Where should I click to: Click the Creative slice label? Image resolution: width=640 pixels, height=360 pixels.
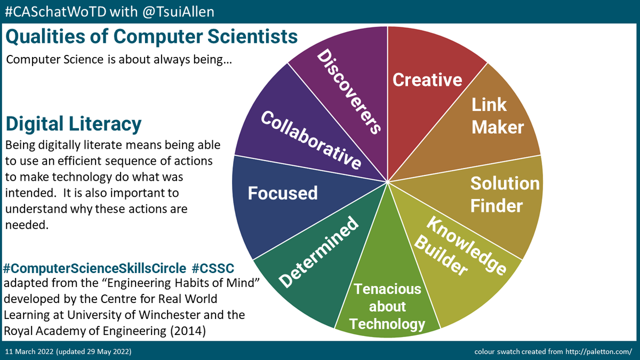[427, 79]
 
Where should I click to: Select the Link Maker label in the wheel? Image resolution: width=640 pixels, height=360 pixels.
[497, 116]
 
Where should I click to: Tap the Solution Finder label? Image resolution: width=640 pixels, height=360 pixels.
[504, 194]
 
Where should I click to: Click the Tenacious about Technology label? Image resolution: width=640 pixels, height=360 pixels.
[388, 307]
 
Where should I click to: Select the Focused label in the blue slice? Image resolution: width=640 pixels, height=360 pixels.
[283, 193]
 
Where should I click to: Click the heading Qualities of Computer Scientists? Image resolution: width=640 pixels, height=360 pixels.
[151, 37]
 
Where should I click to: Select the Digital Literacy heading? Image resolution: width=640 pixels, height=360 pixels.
[73, 124]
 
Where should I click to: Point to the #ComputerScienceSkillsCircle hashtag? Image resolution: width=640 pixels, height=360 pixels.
[95, 267]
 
